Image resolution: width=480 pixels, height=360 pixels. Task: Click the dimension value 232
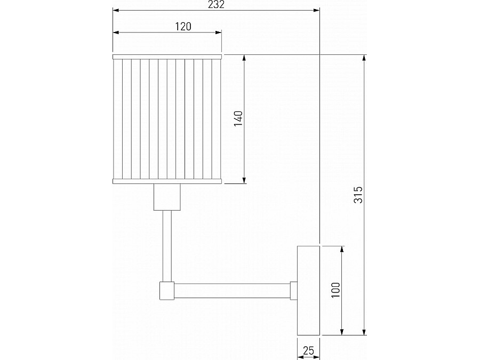(x=216, y=4)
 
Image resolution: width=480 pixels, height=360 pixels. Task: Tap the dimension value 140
(x=238, y=119)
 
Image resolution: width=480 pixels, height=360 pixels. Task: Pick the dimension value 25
(x=308, y=350)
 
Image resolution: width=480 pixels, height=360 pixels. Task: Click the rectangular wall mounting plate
(x=308, y=291)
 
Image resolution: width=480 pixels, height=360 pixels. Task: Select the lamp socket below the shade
(x=167, y=197)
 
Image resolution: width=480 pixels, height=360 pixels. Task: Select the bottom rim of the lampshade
(x=167, y=182)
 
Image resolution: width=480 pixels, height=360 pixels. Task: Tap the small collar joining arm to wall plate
(x=293, y=290)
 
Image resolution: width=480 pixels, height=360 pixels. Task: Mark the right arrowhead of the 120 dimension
(x=219, y=33)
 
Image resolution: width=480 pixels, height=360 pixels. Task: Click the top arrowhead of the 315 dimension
(x=364, y=58)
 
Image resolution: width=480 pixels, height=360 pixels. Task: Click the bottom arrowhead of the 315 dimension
(x=364, y=333)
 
